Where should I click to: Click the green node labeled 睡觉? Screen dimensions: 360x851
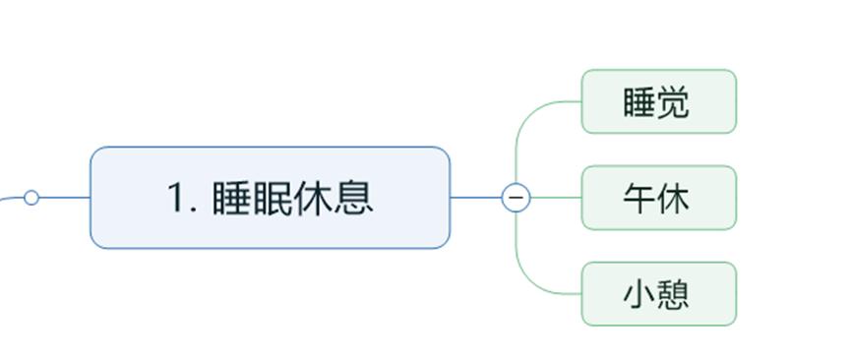pos(658,101)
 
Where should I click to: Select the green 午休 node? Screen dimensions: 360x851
pos(658,198)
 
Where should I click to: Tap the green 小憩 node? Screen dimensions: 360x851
pos(658,293)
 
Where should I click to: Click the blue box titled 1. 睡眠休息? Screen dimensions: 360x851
pos(270,198)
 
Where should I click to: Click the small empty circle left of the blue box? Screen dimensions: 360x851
pos(31,198)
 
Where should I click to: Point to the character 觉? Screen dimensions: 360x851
pos(673,102)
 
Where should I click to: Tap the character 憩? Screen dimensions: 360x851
pos(673,294)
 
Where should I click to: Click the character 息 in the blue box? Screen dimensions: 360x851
pos(354,198)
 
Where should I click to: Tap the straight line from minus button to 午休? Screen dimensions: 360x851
pos(556,198)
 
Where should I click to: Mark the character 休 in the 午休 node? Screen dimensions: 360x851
pos(674,199)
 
